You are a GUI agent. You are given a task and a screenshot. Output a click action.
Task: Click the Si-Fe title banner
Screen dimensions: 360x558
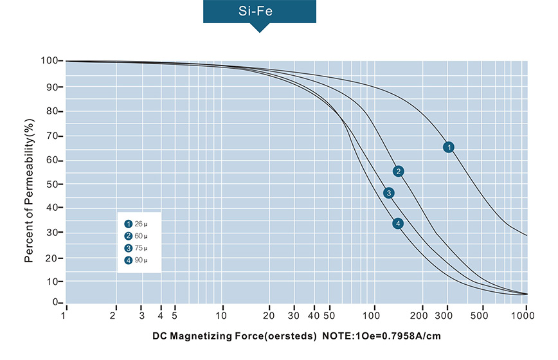point(260,12)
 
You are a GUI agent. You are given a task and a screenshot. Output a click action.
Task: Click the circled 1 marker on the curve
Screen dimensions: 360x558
point(449,147)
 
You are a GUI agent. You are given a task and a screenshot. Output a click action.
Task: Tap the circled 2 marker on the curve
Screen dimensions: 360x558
point(399,171)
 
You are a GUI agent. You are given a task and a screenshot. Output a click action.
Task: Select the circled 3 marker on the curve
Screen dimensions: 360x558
point(388,193)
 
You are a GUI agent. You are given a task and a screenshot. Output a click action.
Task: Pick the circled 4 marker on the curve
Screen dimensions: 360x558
point(399,224)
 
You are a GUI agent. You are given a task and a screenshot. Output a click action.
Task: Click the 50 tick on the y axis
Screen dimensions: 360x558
point(53,184)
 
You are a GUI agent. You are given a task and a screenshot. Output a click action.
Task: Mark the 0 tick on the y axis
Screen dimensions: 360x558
point(57,303)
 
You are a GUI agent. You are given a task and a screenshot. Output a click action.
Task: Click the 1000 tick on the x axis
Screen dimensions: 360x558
point(526,316)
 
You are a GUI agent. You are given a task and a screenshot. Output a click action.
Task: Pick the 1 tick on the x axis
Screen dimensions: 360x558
point(65,316)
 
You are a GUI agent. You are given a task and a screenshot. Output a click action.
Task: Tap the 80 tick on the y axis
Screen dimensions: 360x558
point(53,111)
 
